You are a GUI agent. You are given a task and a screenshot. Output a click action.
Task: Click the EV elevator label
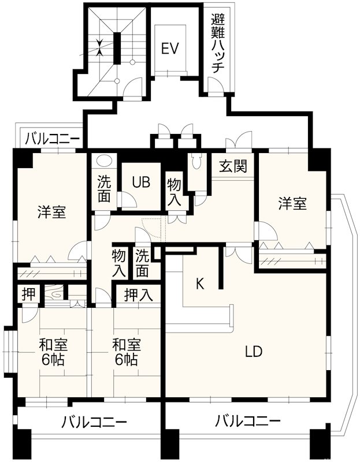(x=169, y=49)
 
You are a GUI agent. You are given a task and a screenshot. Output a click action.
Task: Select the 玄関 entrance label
(x=233, y=166)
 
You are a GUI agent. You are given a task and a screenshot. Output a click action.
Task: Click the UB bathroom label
(x=140, y=182)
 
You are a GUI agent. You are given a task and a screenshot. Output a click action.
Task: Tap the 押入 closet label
(x=139, y=295)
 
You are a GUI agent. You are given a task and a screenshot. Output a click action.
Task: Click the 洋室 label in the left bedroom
(x=51, y=212)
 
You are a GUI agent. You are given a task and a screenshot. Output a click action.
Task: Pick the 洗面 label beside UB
(x=104, y=188)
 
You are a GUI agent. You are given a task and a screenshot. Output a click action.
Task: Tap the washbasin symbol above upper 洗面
(x=104, y=161)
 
